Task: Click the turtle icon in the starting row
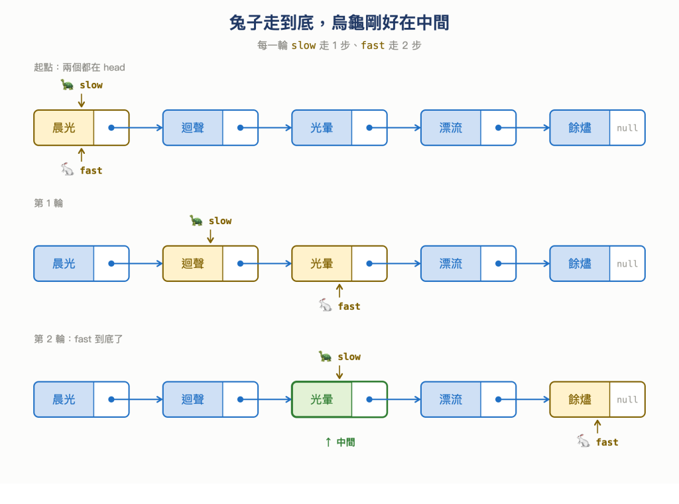[x=67, y=84]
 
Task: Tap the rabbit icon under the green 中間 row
[x=584, y=441]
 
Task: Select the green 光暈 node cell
[x=322, y=399]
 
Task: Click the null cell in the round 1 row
[x=627, y=264]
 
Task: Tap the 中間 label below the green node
[x=345, y=442]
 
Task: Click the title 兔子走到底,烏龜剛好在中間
[x=339, y=23]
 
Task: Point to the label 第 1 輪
[x=48, y=203]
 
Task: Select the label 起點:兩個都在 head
[x=80, y=67]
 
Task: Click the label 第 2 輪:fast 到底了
[x=78, y=339]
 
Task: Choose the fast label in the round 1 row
[x=349, y=306]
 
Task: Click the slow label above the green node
[x=349, y=356]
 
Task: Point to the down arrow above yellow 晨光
[x=82, y=100]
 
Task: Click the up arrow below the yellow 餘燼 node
[x=597, y=426]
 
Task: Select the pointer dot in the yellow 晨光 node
[x=111, y=128]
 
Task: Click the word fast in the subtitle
[x=373, y=45]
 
